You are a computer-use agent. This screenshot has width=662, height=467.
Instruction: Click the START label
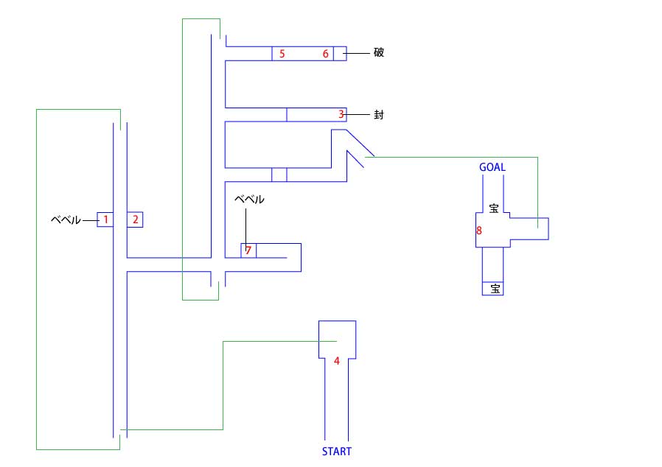336,452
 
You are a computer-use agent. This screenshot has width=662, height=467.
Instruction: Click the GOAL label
492,167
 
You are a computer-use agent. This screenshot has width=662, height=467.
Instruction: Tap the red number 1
105,220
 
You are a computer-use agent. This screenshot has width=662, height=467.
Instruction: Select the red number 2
135,220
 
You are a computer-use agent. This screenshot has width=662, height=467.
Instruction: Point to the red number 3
341,114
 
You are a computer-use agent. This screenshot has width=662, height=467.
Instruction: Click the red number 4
336,361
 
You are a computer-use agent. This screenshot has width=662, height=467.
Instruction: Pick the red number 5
282,54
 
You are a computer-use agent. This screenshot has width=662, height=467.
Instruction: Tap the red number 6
326,54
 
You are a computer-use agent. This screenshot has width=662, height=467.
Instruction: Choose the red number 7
248,250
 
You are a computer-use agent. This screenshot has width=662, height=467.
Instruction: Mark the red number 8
478,231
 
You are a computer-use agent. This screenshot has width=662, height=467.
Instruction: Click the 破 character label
379,52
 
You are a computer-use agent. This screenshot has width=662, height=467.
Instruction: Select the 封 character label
379,114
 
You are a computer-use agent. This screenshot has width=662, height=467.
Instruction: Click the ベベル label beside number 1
66,220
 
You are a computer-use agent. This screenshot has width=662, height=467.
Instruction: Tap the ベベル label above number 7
249,199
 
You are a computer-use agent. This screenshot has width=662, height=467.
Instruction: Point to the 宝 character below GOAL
493,208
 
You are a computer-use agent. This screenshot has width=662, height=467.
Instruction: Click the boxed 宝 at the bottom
495,289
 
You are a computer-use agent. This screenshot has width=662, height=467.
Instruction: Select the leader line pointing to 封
358,114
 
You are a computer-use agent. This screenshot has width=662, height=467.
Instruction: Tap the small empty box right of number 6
340,54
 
